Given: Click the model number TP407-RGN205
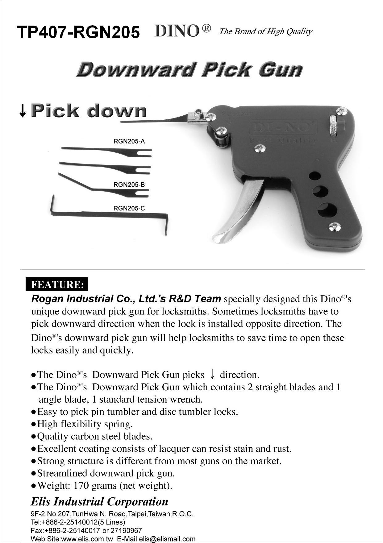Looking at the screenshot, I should pos(78,32).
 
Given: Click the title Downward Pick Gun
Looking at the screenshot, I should pos(189,69).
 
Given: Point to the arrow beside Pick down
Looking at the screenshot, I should pos(22,111).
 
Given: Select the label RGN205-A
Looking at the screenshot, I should pos(129,142).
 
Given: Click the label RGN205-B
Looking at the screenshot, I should pos(129,185).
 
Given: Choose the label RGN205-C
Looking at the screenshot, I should pos(129,208).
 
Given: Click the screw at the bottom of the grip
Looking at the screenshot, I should pos(335,227).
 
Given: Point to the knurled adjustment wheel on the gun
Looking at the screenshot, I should pos(333,126).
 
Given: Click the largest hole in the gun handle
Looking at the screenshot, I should pos(327,210).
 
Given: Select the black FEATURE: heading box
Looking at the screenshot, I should pos(57,284).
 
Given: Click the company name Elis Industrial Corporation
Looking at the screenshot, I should pos(99,502).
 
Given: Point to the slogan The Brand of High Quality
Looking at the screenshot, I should pos(265,31).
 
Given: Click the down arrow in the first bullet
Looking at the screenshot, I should pos(212,375).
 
